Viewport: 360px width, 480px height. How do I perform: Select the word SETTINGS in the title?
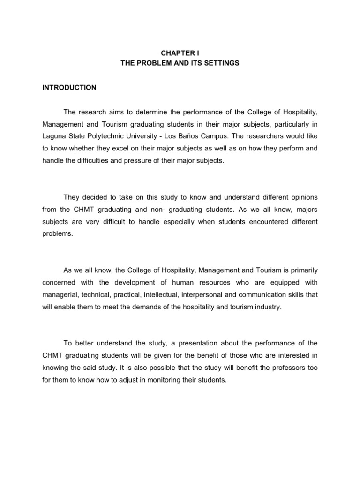222,63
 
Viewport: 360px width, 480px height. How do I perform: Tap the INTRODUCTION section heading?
69,88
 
